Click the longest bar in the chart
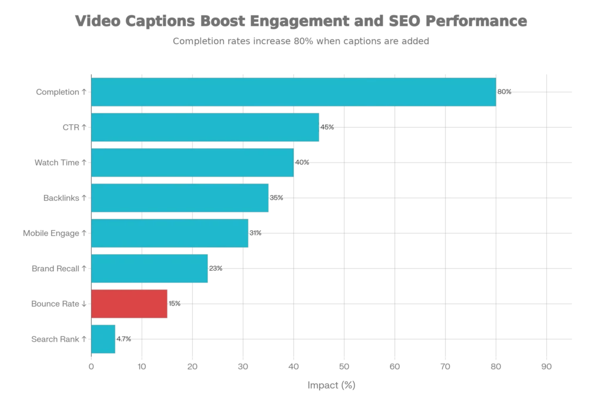(x=294, y=92)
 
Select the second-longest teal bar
(x=205, y=128)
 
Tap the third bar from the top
(x=193, y=162)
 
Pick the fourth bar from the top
(x=180, y=198)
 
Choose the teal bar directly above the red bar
(x=150, y=269)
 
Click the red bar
(x=130, y=304)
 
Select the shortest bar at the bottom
(x=104, y=340)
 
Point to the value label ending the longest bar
(x=505, y=91)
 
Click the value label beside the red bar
(x=176, y=303)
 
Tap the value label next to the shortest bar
(x=124, y=340)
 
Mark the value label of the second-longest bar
(x=327, y=127)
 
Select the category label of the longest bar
(x=61, y=92)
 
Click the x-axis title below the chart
(x=331, y=384)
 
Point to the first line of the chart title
(x=302, y=23)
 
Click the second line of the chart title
(x=301, y=41)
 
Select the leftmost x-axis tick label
(x=91, y=367)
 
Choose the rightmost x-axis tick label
(x=547, y=367)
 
